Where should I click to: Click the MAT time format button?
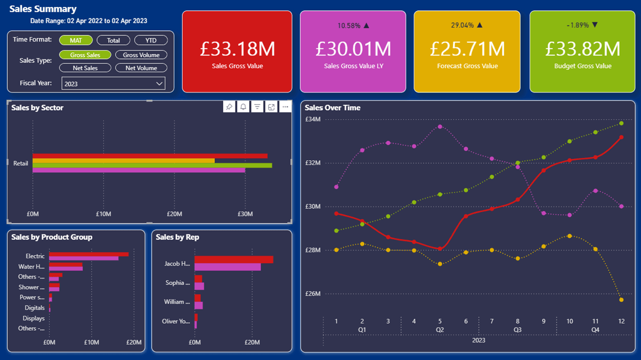click(76, 40)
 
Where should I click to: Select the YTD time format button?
click(151, 40)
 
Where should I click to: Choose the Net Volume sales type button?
click(141, 68)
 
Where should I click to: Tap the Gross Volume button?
click(141, 55)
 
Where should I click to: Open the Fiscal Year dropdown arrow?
click(159, 84)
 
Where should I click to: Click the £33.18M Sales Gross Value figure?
click(237, 49)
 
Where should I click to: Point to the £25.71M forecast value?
click(467, 49)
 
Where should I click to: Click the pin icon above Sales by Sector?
click(229, 107)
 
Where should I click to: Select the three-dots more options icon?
click(285, 107)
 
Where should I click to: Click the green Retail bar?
click(152, 166)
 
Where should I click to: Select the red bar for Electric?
click(88, 254)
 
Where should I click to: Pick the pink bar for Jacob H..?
click(228, 267)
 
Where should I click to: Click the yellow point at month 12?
click(621, 300)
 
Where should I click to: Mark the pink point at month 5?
click(440, 127)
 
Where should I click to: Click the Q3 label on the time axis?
click(517, 330)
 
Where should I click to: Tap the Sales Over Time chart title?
click(332, 108)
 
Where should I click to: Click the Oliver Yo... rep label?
click(176, 321)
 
